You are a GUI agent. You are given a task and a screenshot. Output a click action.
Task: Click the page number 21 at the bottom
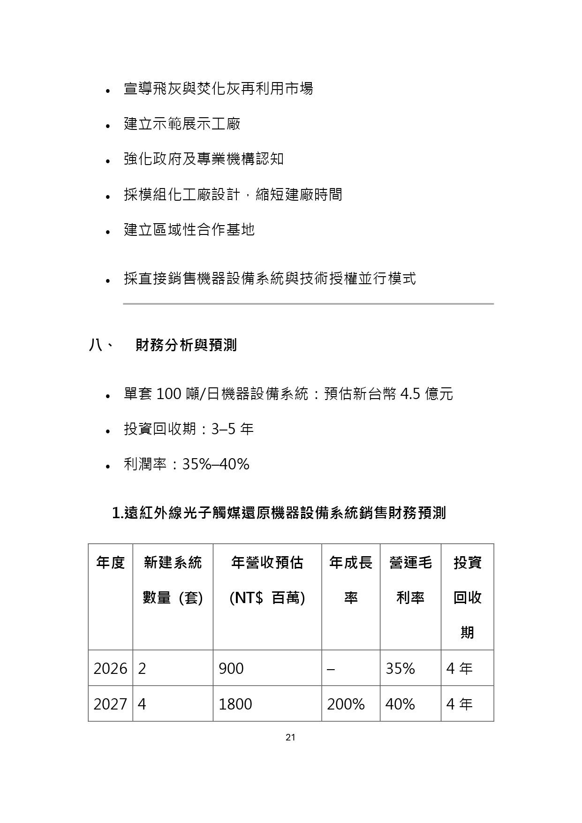290,738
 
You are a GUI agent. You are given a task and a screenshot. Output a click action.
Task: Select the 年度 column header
111,562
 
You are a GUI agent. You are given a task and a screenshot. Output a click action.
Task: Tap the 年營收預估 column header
267,580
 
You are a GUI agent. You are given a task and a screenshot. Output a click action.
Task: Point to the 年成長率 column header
351,580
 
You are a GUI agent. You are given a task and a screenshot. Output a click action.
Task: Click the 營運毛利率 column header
410,580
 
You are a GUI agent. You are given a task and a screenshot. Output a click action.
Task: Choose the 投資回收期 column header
467,597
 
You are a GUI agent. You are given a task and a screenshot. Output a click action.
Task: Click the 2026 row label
110,668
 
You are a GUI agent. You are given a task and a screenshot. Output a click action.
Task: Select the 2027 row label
110,704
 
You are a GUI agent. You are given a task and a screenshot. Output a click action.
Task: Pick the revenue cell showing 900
231,668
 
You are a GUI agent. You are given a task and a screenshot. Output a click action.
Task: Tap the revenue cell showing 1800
235,704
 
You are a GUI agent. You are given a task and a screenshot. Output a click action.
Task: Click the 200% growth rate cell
346,704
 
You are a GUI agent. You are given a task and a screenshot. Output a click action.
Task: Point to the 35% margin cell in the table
400,668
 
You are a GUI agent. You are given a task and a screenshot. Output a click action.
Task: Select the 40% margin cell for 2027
400,704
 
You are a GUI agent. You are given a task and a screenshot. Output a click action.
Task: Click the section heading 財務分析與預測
186,346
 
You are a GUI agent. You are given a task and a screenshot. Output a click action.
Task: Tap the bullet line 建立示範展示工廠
182,124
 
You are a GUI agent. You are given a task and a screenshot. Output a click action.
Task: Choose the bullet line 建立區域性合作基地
189,229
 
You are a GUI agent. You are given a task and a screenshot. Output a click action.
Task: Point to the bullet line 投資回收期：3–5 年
189,429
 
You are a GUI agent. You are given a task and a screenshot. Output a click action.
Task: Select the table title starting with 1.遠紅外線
279,513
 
